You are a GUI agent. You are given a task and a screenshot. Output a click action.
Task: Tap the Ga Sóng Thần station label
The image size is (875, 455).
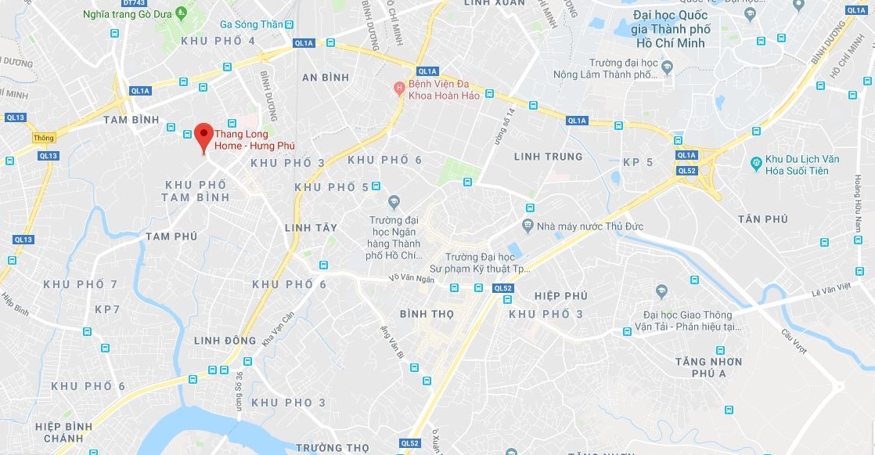(x=250, y=24)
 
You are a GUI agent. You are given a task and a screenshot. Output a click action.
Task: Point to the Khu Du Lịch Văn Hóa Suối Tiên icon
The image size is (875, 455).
(x=756, y=163)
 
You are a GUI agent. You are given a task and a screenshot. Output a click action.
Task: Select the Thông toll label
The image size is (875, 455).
(x=44, y=138)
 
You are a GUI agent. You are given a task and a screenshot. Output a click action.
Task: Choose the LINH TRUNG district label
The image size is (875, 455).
(x=548, y=157)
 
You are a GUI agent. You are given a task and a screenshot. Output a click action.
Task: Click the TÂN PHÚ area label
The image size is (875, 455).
(x=762, y=219)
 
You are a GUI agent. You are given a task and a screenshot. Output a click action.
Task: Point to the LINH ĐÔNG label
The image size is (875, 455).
(x=225, y=341)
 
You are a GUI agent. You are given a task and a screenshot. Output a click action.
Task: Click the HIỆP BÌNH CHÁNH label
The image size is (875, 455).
(x=63, y=432)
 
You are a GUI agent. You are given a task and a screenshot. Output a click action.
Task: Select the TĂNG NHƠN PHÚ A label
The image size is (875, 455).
(x=709, y=367)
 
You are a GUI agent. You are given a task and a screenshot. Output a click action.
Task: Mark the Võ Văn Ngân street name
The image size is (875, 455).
(x=411, y=279)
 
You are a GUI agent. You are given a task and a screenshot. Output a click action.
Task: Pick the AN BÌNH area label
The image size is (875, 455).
(x=326, y=78)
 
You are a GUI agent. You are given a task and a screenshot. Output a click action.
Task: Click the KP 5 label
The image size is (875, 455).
(x=638, y=162)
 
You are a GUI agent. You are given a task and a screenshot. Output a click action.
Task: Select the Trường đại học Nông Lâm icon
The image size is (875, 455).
(x=667, y=67)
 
